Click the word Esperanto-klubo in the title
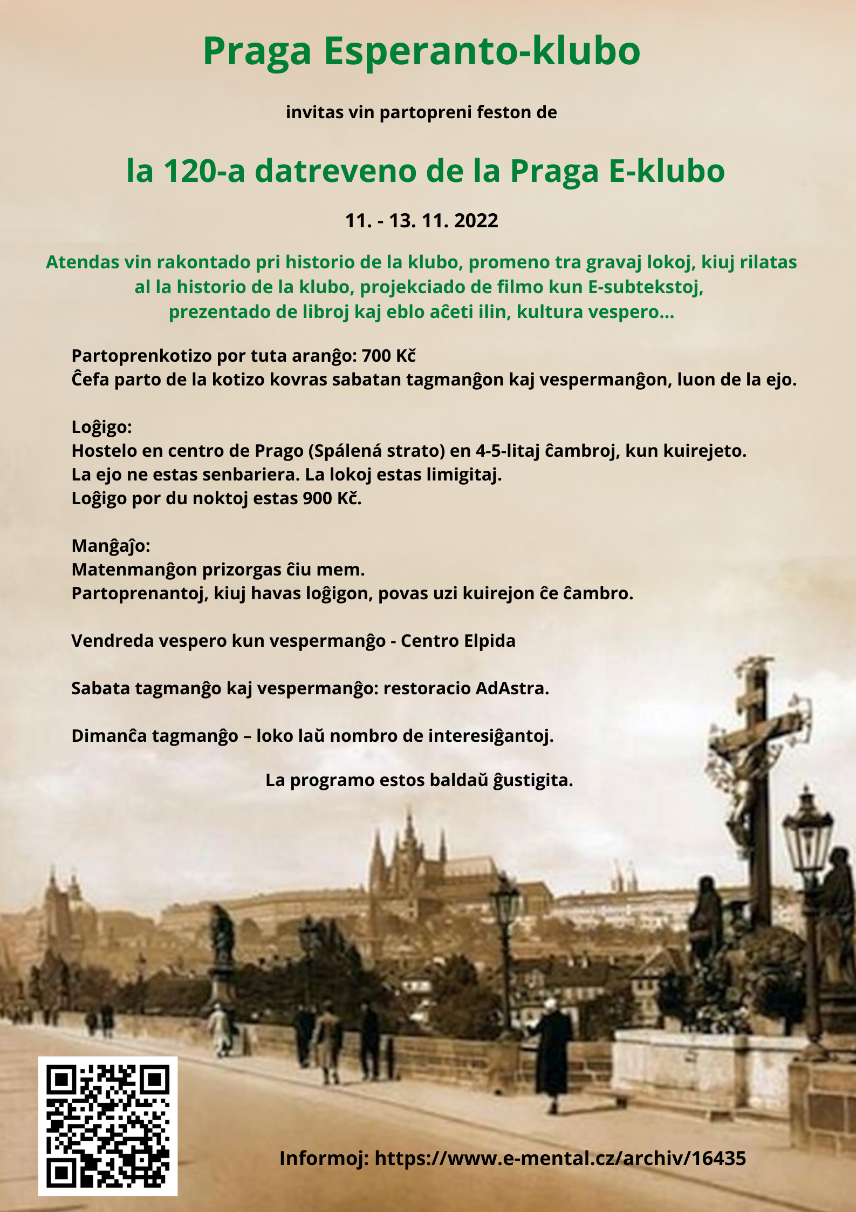click(x=482, y=51)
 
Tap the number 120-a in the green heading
click(x=204, y=171)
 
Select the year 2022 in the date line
click(x=476, y=221)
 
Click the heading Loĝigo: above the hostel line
click(x=101, y=427)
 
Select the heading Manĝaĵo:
click(x=111, y=546)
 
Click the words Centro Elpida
click(x=458, y=641)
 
